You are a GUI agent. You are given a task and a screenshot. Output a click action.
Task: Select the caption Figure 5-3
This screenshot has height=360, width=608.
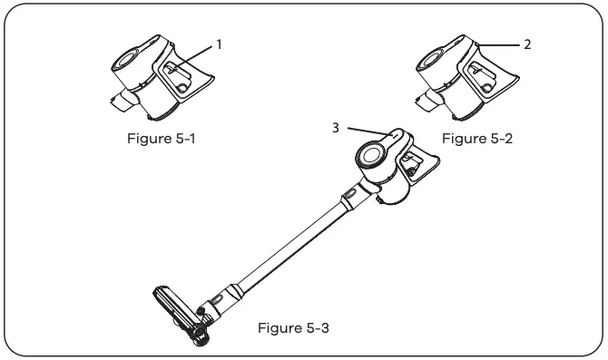[293, 328]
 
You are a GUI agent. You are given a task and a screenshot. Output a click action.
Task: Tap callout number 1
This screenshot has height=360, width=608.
[219, 42]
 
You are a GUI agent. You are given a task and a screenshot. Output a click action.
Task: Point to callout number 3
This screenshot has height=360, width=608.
[336, 128]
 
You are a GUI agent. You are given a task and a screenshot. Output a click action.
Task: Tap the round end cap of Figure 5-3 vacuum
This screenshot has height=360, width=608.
[370, 155]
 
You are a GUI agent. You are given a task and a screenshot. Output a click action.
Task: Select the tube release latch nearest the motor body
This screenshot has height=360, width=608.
[349, 193]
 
